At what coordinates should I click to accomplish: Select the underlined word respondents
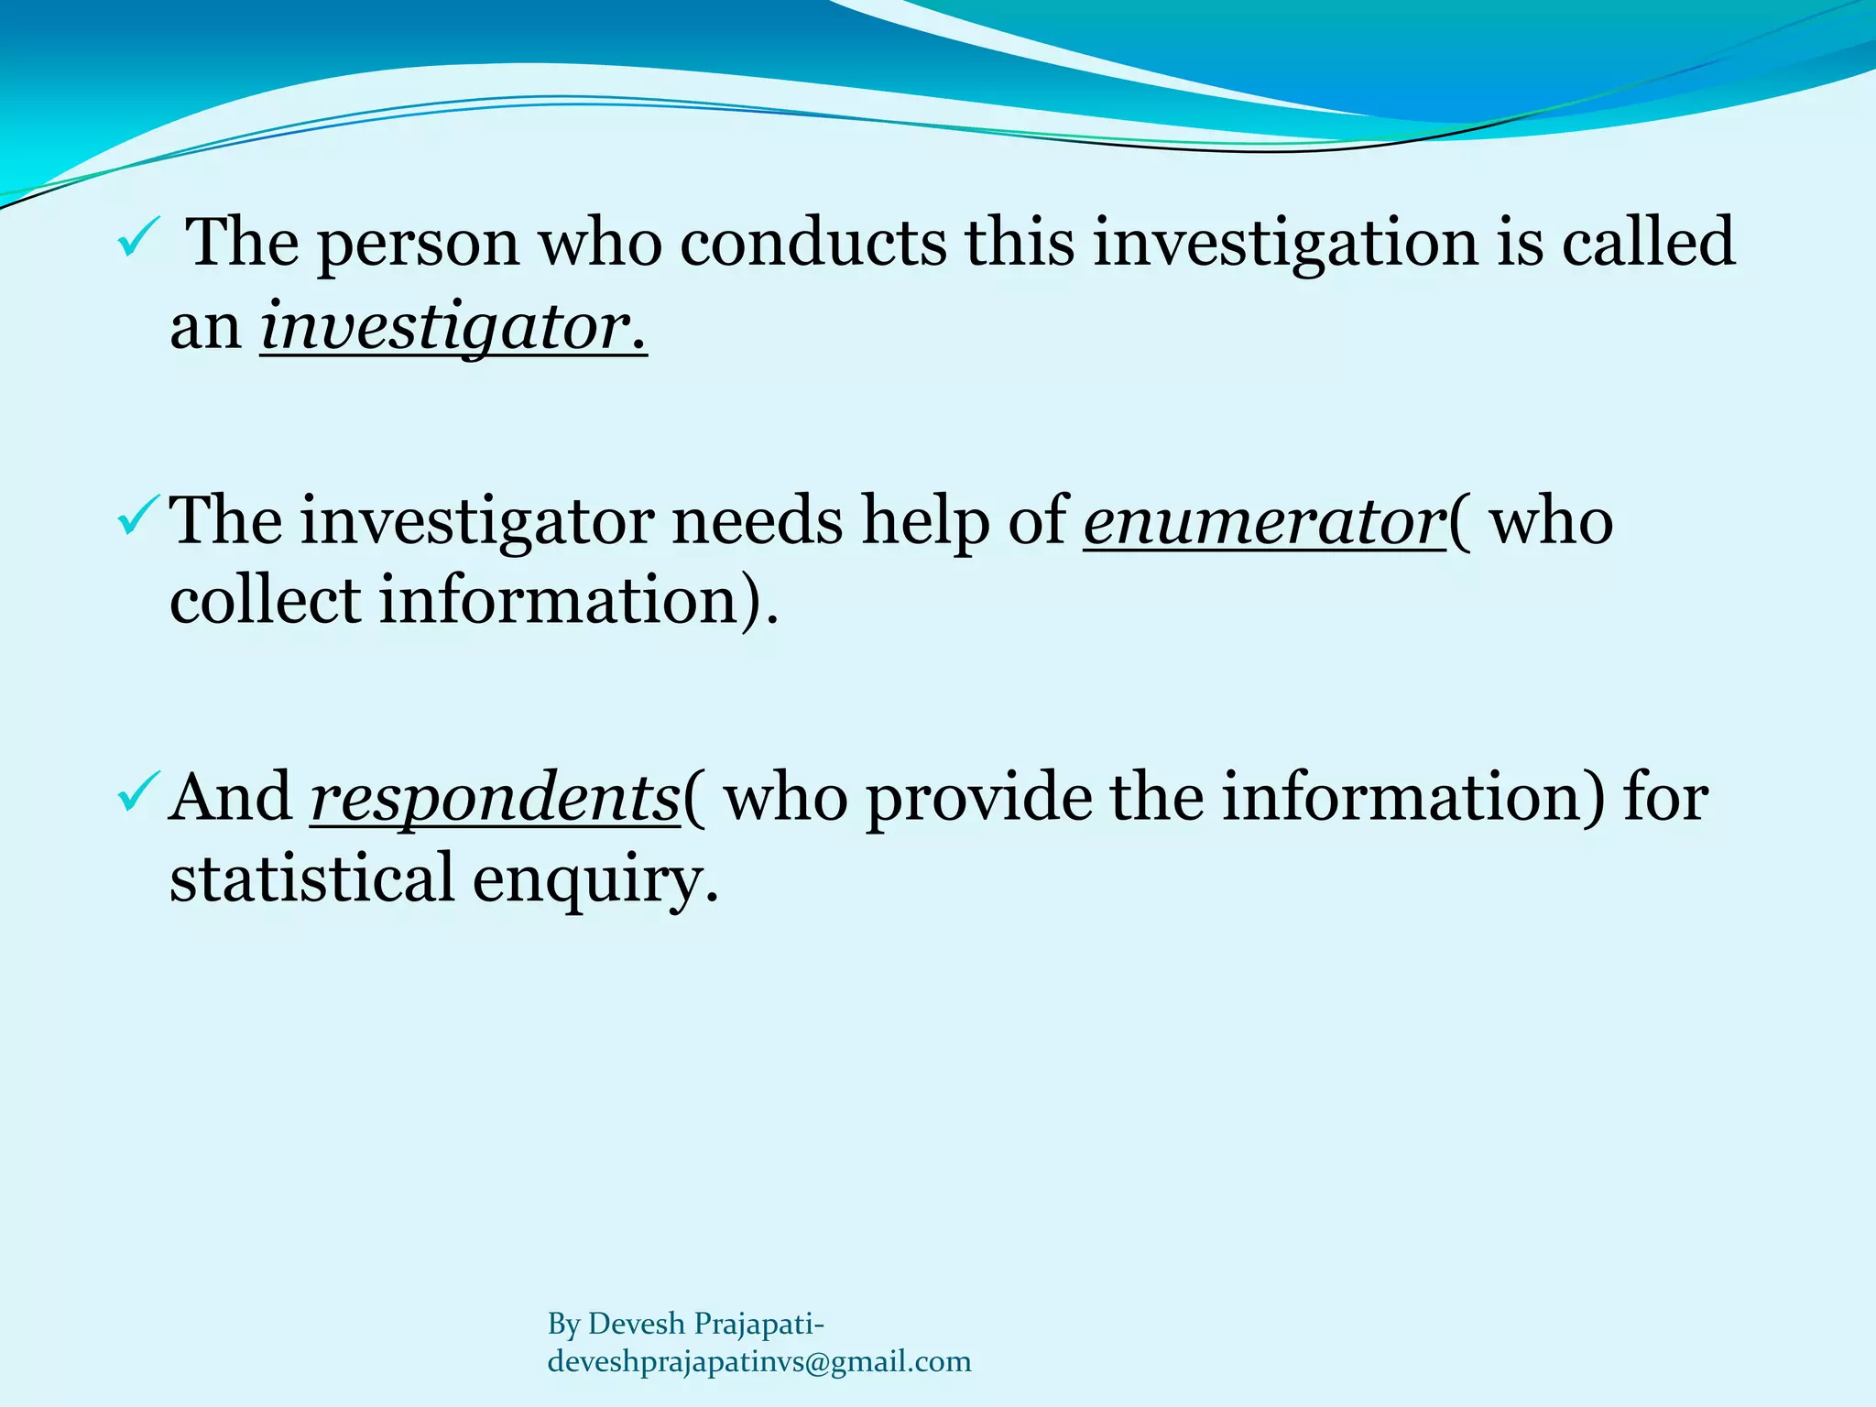click(x=495, y=797)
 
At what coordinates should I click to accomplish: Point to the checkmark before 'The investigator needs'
click(x=138, y=517)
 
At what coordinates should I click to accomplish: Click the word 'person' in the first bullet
click(x=418, y=244)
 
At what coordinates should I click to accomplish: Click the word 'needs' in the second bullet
click(x=758, y=520)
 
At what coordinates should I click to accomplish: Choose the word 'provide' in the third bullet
click(x=979, y=797)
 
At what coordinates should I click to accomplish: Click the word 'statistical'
click(x=311, y=877)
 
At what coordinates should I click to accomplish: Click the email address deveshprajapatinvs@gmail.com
click(x=758, y=1361)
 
